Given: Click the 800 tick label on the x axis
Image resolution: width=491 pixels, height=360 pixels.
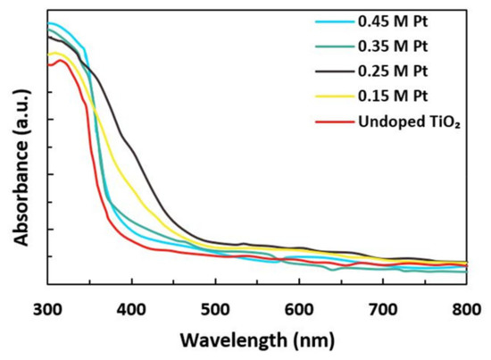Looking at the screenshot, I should click(x=464, y=309).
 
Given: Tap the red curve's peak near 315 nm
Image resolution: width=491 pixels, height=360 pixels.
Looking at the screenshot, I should click(x=61, y=60).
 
